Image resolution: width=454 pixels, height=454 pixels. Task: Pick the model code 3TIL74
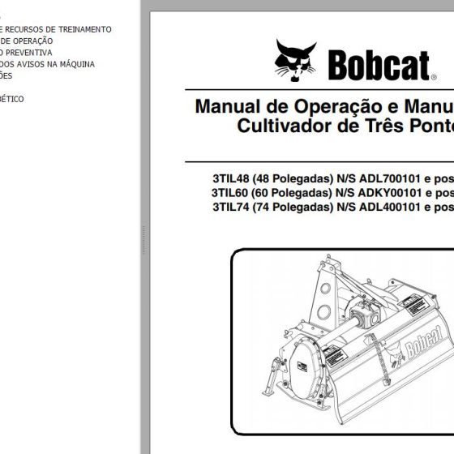tap(229, 208)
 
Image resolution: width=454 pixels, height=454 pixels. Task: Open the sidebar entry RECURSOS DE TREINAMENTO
tap(60, 29)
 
